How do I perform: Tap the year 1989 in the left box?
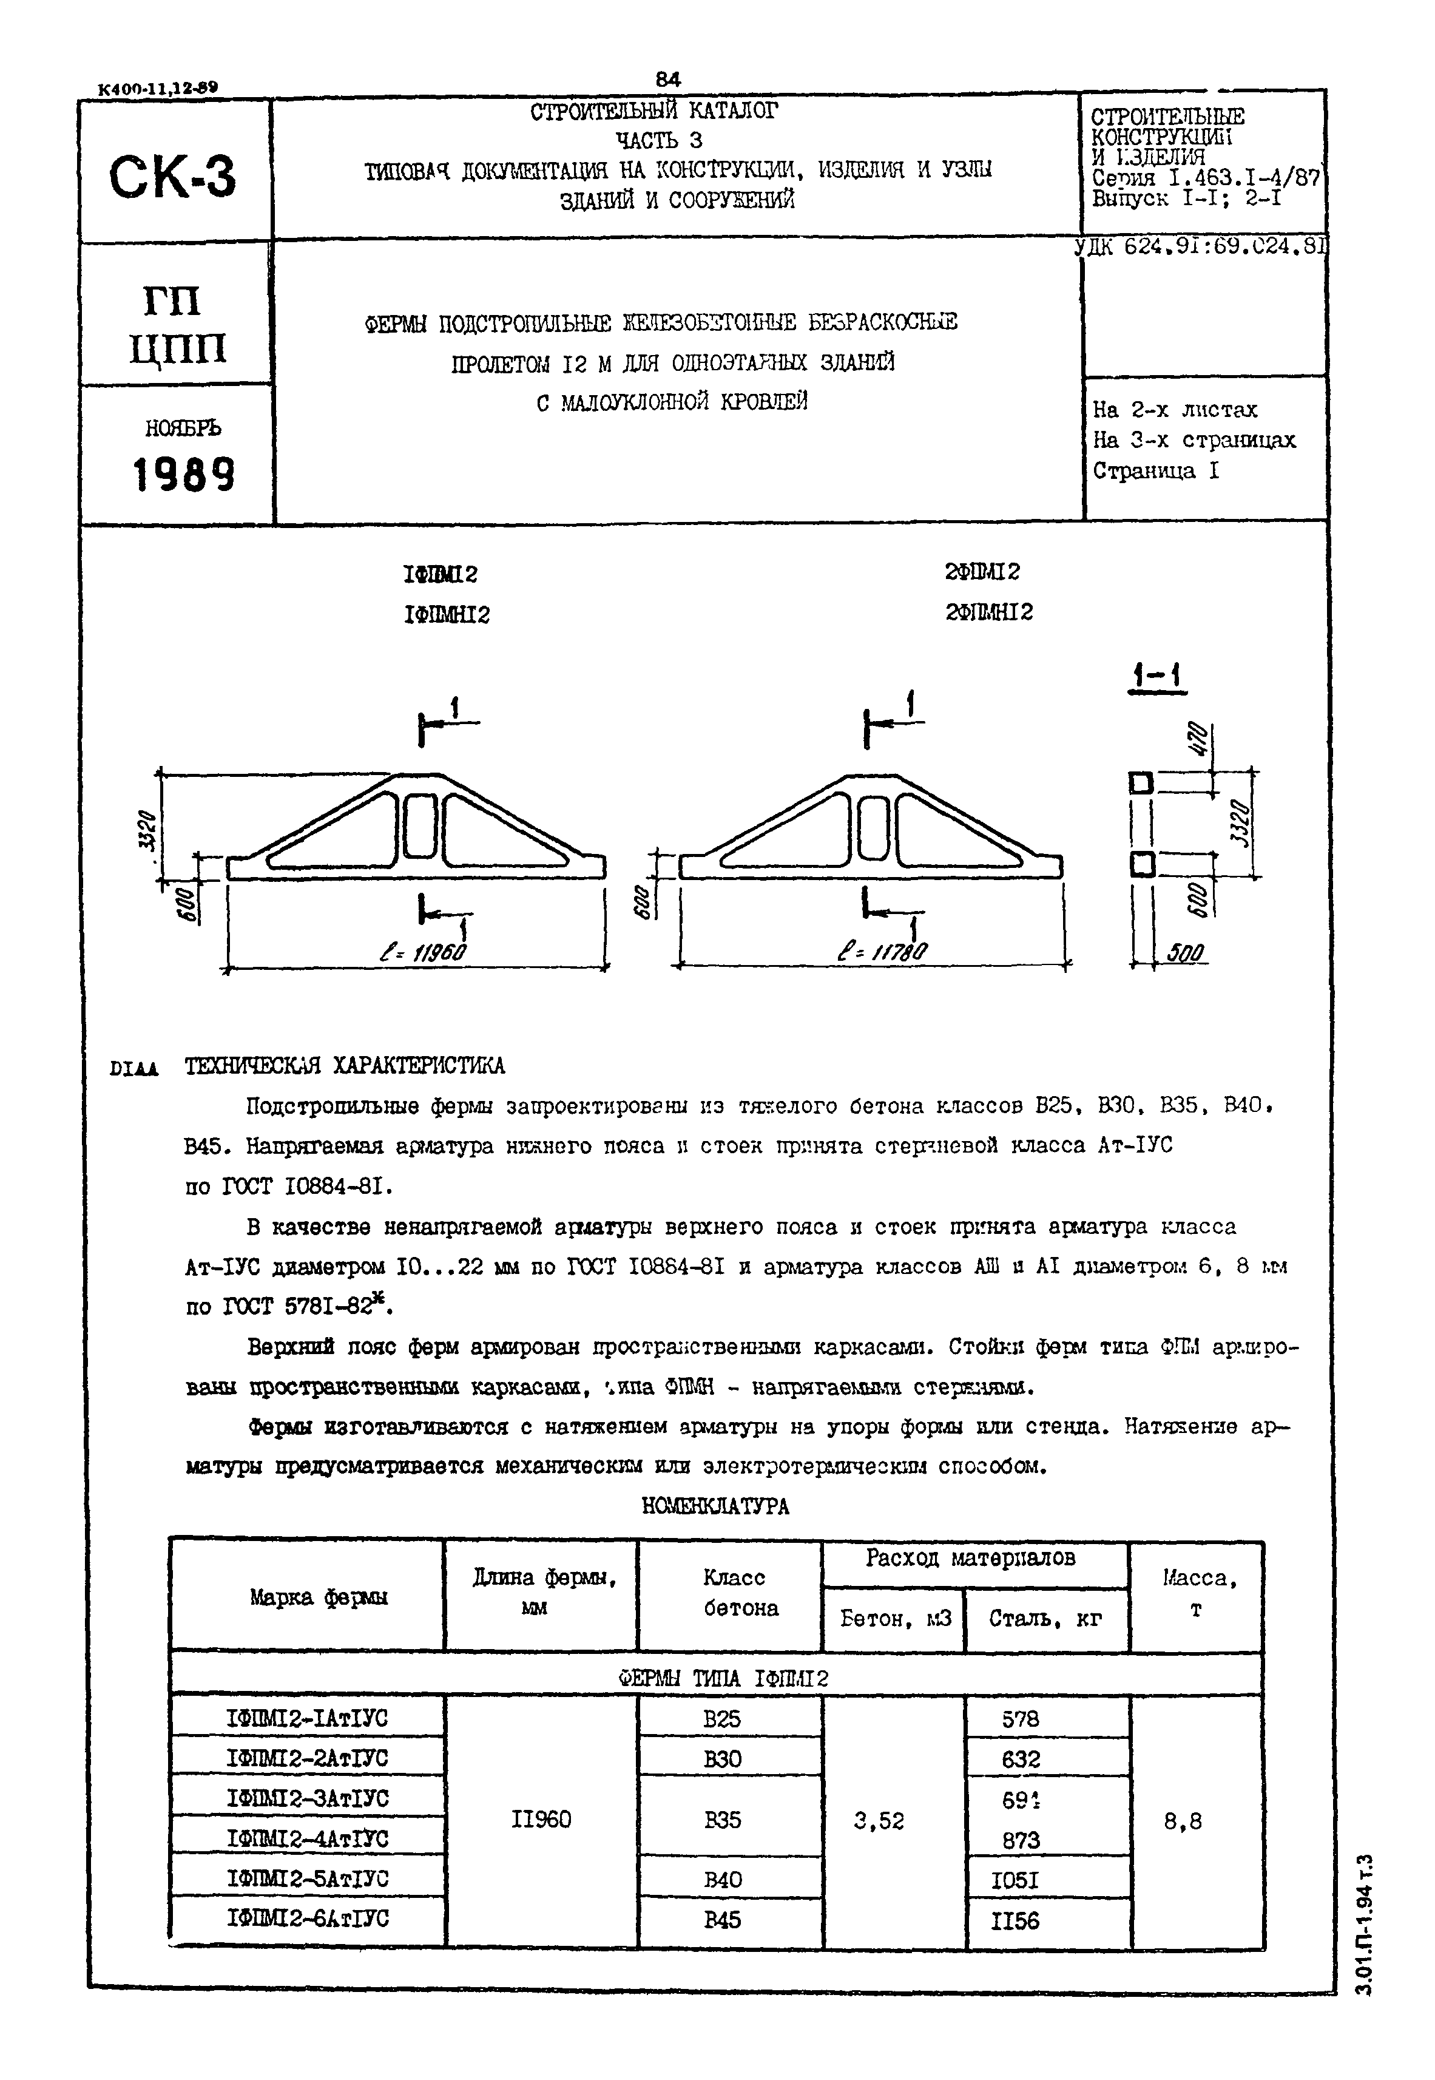[184, 474]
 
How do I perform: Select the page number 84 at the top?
[668, 79]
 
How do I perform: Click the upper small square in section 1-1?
[1141, 783]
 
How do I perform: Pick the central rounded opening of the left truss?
[419, 825]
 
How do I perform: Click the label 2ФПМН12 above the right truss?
[989, 612]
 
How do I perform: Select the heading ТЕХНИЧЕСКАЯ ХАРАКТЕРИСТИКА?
[345, 1066]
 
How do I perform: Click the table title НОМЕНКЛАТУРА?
[716, 1506]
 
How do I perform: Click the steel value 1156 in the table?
[1015, 1921]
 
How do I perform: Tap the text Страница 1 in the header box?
[1155, 471]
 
